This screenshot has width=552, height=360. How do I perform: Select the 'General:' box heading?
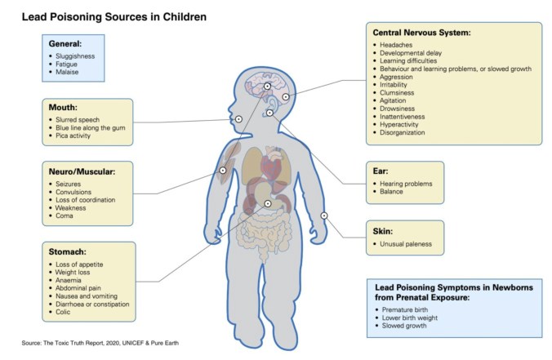65,43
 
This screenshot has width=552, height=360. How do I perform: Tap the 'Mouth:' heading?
62,107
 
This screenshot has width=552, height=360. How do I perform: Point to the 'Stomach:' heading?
69,252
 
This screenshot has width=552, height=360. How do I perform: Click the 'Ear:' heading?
385,171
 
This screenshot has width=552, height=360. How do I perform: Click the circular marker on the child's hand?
324,216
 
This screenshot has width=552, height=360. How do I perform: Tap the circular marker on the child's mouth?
238,119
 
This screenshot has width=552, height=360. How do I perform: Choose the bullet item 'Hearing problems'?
409,184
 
